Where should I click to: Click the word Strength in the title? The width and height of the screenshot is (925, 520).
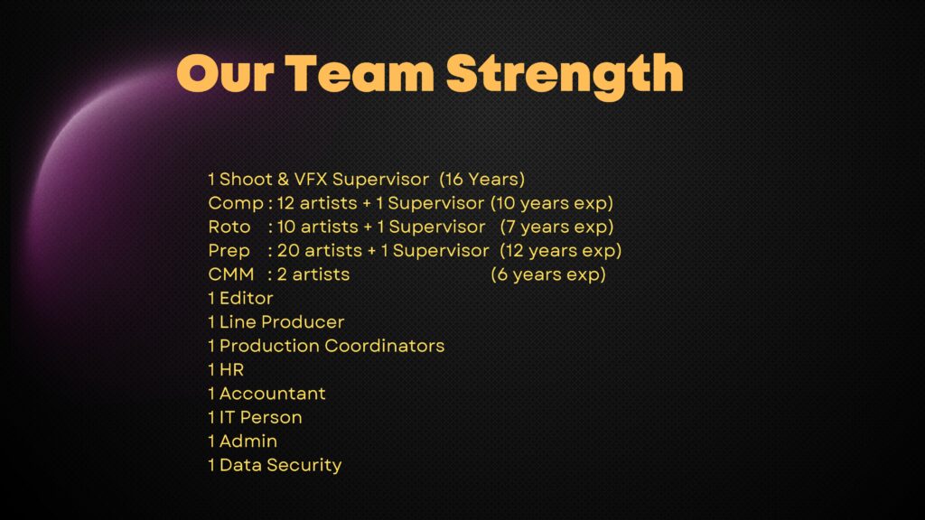click(x=565, y=75)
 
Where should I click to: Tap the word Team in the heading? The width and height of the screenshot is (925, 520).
click(x=360, y=73)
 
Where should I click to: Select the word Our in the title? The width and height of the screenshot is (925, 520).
click(x=225, y=74)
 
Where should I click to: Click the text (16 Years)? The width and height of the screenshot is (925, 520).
click(x=482, y=180)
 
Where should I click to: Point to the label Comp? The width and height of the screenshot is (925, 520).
click(x=236, y=203)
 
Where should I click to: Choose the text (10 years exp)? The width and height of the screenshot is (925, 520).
click(x=552, y=203)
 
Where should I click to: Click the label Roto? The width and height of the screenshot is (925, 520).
click(x=229, y=227)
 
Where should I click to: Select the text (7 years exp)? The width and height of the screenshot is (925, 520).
click(x=556, y=227)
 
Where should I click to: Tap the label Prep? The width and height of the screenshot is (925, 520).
click(x=229, y=251)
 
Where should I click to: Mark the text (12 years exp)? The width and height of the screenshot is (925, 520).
click(x=560, y=251)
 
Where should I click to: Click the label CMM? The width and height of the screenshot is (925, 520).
click(x=231, y=274)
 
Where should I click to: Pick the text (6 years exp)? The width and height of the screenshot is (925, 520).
click(x=548, y=274)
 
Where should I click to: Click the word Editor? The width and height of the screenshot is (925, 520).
click(x=246, y=298)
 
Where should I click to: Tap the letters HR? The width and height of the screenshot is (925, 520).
click(x=231, y=369)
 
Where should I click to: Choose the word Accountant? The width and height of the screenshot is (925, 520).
click(x=272, y=394)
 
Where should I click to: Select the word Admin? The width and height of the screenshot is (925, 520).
click(x=248, y=441)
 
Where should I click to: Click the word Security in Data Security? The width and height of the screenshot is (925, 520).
click(x=304, y=465)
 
